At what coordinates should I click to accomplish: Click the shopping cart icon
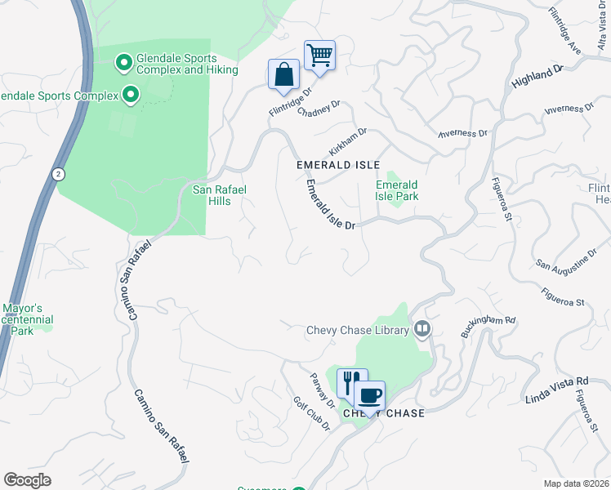[x=319, y=56]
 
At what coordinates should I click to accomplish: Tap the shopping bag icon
[x=283, y=73]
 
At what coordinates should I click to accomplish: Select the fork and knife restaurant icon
[x=351, y=381]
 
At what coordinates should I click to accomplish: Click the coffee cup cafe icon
[x=369, y=396]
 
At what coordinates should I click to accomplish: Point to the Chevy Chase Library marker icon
[x=421, y=330]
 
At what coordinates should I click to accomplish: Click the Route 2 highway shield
[x=58, y=174]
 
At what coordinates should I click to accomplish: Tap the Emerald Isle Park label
[x=397, y=190]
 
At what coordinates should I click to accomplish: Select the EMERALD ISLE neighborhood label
[x=338, y=165]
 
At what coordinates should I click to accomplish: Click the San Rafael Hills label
[x=219, y=196]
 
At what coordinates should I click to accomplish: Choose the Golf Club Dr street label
[x=311, y=416]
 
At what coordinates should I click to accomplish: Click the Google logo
[x=27, y=480]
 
